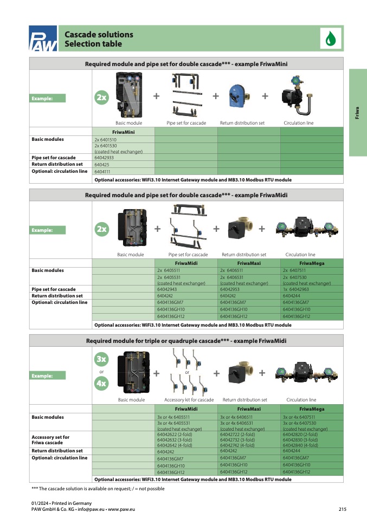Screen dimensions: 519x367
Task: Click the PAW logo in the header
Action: pos(43,40)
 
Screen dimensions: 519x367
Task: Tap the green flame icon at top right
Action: pos(330,39)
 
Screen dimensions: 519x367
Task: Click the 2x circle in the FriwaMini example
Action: pos(101,98)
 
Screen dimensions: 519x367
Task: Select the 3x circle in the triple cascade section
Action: pos(101,359)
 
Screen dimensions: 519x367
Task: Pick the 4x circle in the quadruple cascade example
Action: pos(101,384)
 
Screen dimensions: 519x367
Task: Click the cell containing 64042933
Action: pos(124,158)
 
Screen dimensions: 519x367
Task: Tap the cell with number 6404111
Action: pos(124,171)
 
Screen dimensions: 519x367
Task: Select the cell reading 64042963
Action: pos(311,289)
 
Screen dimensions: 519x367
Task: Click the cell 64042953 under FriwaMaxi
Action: pos(248,289)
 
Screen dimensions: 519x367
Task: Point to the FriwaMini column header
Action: pos(124,132)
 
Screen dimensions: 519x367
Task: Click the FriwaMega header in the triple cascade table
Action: pos(311,409)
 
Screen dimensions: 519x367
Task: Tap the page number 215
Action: pos(342,509)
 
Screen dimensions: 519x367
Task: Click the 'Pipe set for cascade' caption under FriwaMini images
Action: pos(186,123)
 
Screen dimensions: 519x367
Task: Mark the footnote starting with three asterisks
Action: pos(98,489)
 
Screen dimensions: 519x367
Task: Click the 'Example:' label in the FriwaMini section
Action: pos(48,98)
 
